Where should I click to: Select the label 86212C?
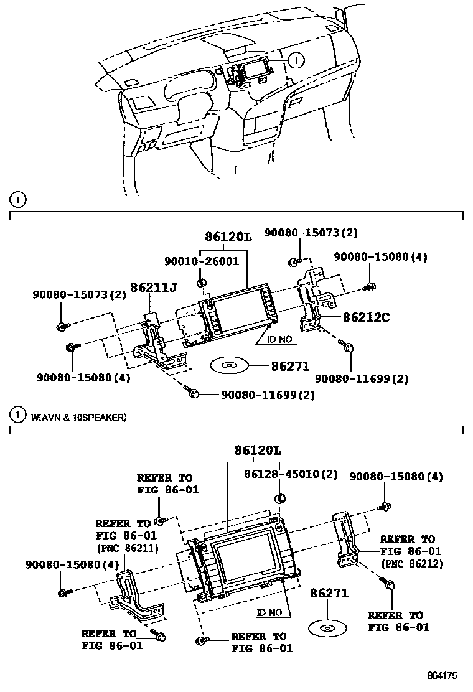point(366,317)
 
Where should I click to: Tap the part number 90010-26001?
point(202,261)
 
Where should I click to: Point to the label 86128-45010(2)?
point(291,474)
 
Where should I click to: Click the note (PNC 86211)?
point(127,548)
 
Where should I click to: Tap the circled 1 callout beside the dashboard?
point(297,60)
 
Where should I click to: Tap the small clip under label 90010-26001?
point(202,284)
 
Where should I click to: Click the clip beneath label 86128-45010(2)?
point(279,497)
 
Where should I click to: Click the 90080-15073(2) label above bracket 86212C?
point(311,233)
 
